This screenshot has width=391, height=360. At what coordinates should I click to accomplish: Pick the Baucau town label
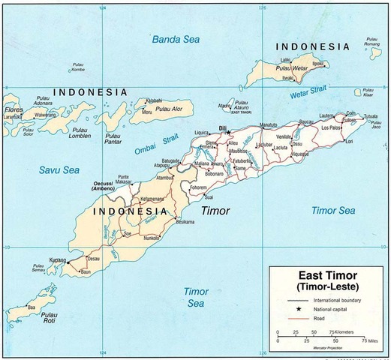[305, 121]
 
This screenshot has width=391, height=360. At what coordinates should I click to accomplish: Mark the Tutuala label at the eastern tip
[371, 117]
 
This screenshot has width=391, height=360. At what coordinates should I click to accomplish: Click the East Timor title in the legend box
[326, 274]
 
